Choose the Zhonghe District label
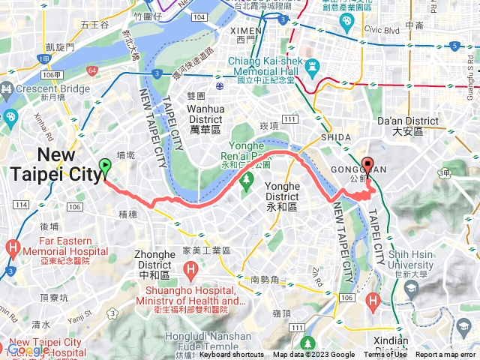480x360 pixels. (x=154, y=259)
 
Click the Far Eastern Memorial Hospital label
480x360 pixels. (x=59, y=251)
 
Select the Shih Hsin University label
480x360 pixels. (x=406, y=260)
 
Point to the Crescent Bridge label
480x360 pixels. (x=42, y=92)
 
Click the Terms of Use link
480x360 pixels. (x=385, y=355)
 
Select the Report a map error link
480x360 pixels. (x=447, y=355)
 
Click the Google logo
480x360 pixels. (x=28, y=350)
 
